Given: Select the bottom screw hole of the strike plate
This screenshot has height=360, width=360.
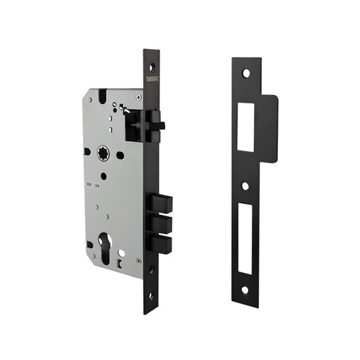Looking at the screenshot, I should (245, 289).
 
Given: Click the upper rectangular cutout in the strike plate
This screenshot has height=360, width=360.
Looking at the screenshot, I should (245, 127).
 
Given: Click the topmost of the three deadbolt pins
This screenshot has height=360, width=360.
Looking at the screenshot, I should (160, 205).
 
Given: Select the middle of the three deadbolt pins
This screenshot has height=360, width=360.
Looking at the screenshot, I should (160, 224).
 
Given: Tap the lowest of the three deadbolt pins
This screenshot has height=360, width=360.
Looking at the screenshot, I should (160, 243).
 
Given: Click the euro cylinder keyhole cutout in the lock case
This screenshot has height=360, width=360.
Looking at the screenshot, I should (107, 249).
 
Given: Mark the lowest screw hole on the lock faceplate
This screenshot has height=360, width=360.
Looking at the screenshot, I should (150, 296).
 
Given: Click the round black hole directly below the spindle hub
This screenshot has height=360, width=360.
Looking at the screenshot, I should (103, 176).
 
